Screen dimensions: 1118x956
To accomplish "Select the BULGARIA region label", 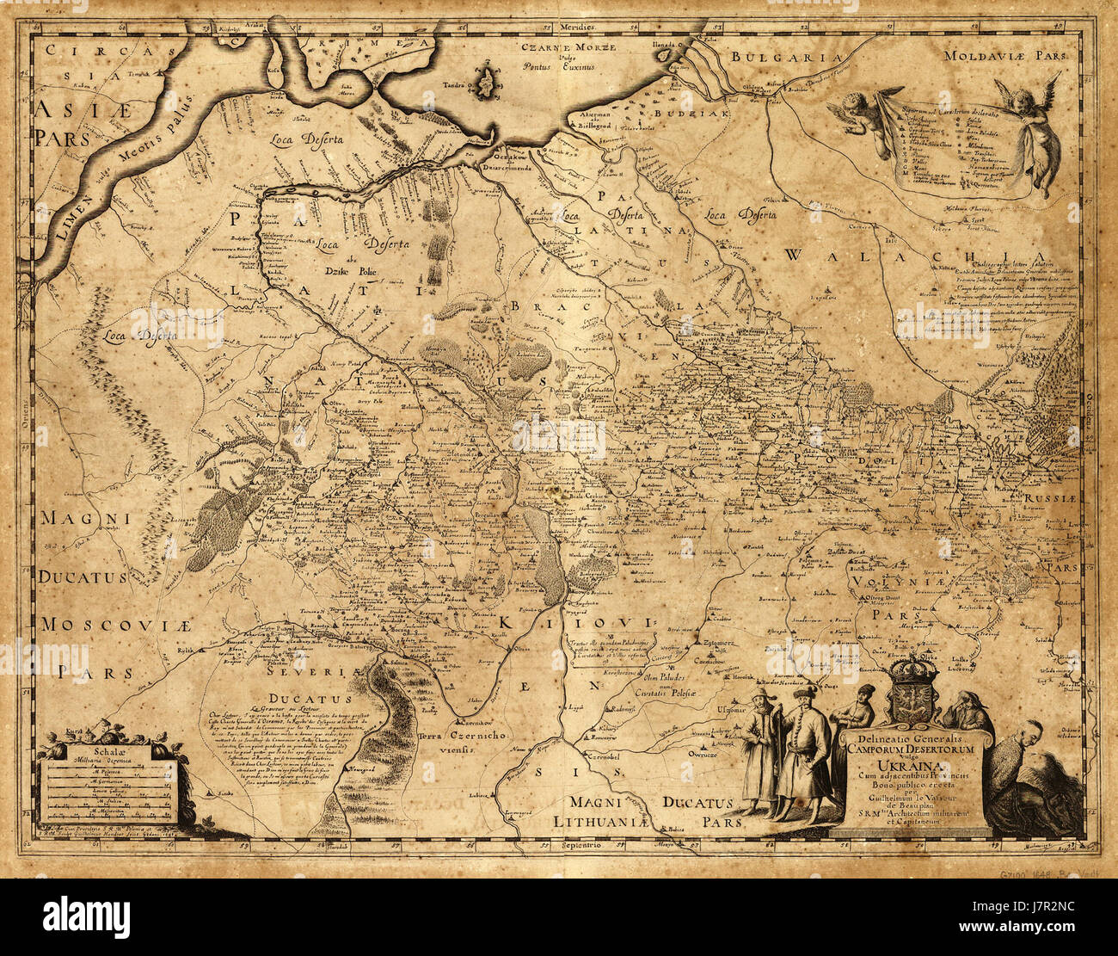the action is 785,58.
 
